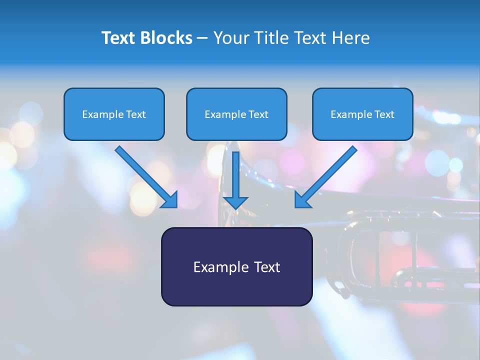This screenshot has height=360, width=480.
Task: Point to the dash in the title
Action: tap(202, 38)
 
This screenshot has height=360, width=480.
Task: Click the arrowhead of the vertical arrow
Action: tap(235, 202)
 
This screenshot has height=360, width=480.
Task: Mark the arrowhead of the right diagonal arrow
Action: tap(301, 200)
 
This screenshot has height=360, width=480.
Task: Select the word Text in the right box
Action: tap(384, 114)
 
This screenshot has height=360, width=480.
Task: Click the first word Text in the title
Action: tap(118, 38)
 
